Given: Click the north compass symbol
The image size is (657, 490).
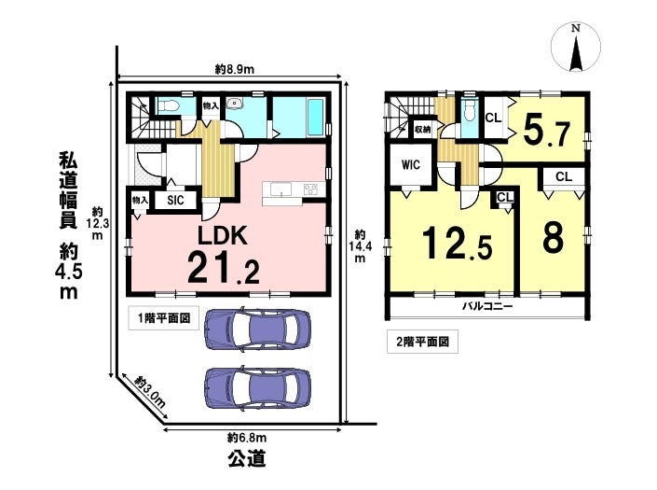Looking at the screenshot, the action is pyautogui.click(x=576, y=47).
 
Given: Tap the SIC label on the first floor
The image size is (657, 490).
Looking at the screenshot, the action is pyautogui.click(x=175, y=200).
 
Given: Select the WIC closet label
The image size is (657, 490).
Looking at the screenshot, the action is pyautogui.click(x=410, y=164).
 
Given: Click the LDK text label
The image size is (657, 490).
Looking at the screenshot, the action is pyautogui.click(x=223, y=235).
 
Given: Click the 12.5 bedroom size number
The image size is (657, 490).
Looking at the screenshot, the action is pyautogui.click(x=457, y=243).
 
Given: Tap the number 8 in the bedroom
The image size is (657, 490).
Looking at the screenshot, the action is pyautogui.click(x=553, y=237).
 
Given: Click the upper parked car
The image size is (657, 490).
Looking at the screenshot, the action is pyautogui.click(x=258, y=329).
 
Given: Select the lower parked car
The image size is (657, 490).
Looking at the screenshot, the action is pyautogui.click(x=258, y=388).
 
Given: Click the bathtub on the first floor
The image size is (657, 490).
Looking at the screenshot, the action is pyautogui.click(x=315, y=118).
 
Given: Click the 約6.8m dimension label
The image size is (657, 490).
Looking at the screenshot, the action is pyautogui.click(x=247, y=438).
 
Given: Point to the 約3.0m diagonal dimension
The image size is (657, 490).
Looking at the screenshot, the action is pyautogui.click(x=150, y=392).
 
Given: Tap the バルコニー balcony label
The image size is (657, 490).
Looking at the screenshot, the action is pyautogui.click(x=487, y=306).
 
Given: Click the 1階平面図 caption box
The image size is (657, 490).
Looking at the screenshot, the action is pyautogui.click(x=163, y=318).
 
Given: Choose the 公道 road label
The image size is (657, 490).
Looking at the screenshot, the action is pyautogui.click(x=247, y=458).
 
